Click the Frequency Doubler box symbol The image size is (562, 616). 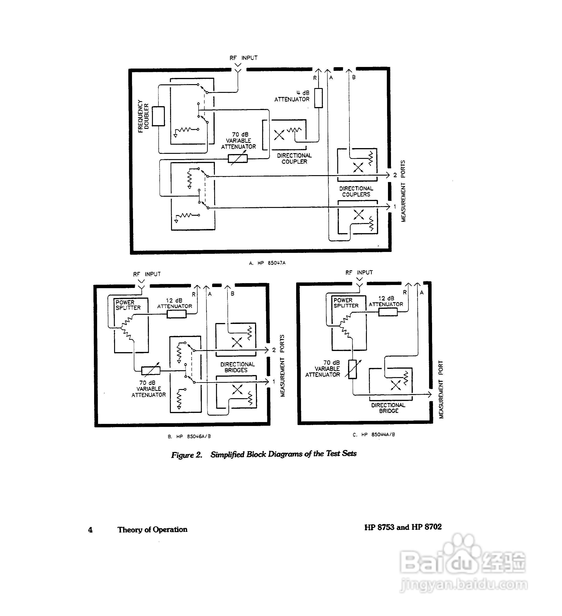tap(158, 116)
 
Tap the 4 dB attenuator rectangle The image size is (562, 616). tap(318, 98)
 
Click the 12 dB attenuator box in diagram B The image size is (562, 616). tap(177, 314)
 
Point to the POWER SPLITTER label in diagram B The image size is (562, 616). tap(128, 305)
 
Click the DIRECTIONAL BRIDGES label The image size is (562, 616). tap(237, 367)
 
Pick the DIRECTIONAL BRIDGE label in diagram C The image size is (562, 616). tap(388, 408)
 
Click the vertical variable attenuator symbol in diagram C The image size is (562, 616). tap(352, 369)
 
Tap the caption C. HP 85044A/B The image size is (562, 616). tap(374, 434)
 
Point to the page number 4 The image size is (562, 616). tap(90, 530)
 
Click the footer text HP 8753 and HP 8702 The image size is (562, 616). tap(403, 527)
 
